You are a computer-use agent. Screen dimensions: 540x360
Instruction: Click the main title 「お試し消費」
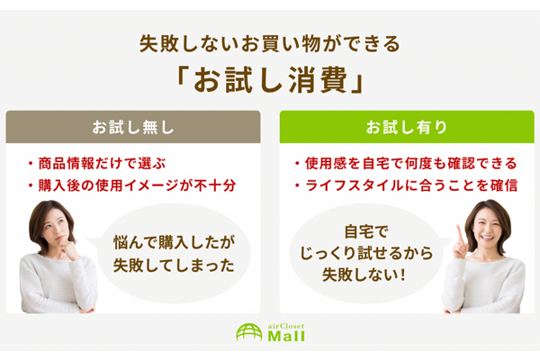tap(270, 79)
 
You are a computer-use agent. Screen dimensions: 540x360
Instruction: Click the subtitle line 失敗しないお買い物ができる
tap(270, 44)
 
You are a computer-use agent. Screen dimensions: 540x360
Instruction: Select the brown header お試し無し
tap(133, 127)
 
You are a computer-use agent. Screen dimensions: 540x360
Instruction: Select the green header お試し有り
tap(407, 127)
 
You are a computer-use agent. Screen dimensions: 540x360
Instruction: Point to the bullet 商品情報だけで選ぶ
tap(102, 163)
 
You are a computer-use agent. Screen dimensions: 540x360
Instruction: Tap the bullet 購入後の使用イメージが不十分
tap(137, 185)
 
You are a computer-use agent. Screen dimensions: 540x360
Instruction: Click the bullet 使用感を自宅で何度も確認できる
tap(411, 163)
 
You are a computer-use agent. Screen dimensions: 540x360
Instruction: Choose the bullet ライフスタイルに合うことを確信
tap(411, 185)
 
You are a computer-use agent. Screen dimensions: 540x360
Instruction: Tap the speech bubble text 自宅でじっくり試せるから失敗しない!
tap(365, 253)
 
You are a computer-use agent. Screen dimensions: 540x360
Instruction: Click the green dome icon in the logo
tap(249, 332)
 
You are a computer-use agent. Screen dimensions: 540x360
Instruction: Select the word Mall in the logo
tap(286, 337)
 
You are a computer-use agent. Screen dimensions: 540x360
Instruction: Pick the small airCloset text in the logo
tap(286, 326)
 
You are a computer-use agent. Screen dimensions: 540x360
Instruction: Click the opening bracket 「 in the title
tap(182, 75)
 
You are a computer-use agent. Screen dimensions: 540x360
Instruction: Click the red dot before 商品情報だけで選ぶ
tap(31, 164)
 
